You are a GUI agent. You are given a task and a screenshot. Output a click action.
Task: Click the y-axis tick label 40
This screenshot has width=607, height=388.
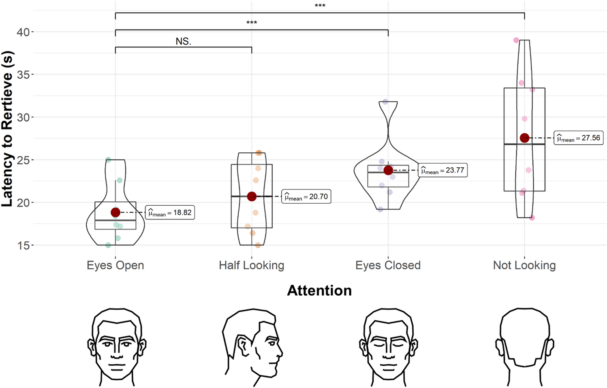(x=23, y=32)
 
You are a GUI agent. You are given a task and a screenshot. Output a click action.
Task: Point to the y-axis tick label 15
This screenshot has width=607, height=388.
(x=23, y=245)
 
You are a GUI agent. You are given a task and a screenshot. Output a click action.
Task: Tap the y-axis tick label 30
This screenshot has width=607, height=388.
(x=23, y=117)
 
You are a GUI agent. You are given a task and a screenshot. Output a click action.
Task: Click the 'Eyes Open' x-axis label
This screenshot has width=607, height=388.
(x=115, y=265)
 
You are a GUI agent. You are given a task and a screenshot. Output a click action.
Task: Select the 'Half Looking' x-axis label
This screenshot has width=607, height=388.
(x=251, y=265)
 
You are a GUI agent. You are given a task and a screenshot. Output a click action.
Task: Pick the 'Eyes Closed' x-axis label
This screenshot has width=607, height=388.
(x=388, y=265)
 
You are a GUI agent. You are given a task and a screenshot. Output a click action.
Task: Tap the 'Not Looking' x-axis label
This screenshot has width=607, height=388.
(x=524, y=265)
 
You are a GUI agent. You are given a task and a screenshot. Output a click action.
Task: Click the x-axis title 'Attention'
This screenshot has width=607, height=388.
(x=319, y=290)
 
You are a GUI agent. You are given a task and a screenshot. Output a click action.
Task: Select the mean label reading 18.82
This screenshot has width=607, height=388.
(x=170, y=213)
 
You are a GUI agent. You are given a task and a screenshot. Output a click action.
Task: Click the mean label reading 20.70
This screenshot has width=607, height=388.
(x=306, y=197)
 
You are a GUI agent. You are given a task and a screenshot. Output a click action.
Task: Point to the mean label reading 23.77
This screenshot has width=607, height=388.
(x=442, y=171)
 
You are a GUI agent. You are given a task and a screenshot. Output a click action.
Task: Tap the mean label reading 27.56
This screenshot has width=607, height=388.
(x=579, y=138)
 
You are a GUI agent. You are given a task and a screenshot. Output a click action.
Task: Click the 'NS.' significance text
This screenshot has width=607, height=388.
(x=183, y=41)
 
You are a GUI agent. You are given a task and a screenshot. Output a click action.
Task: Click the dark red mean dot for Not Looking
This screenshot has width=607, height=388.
(x=524, y=138)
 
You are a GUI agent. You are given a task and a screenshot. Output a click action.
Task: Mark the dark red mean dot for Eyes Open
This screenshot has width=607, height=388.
(x=115, y=213)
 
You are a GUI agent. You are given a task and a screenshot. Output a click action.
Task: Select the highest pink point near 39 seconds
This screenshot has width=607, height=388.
(x=516, y=40)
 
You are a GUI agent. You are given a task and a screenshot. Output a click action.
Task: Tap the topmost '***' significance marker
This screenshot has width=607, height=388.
(x=320, y=6)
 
